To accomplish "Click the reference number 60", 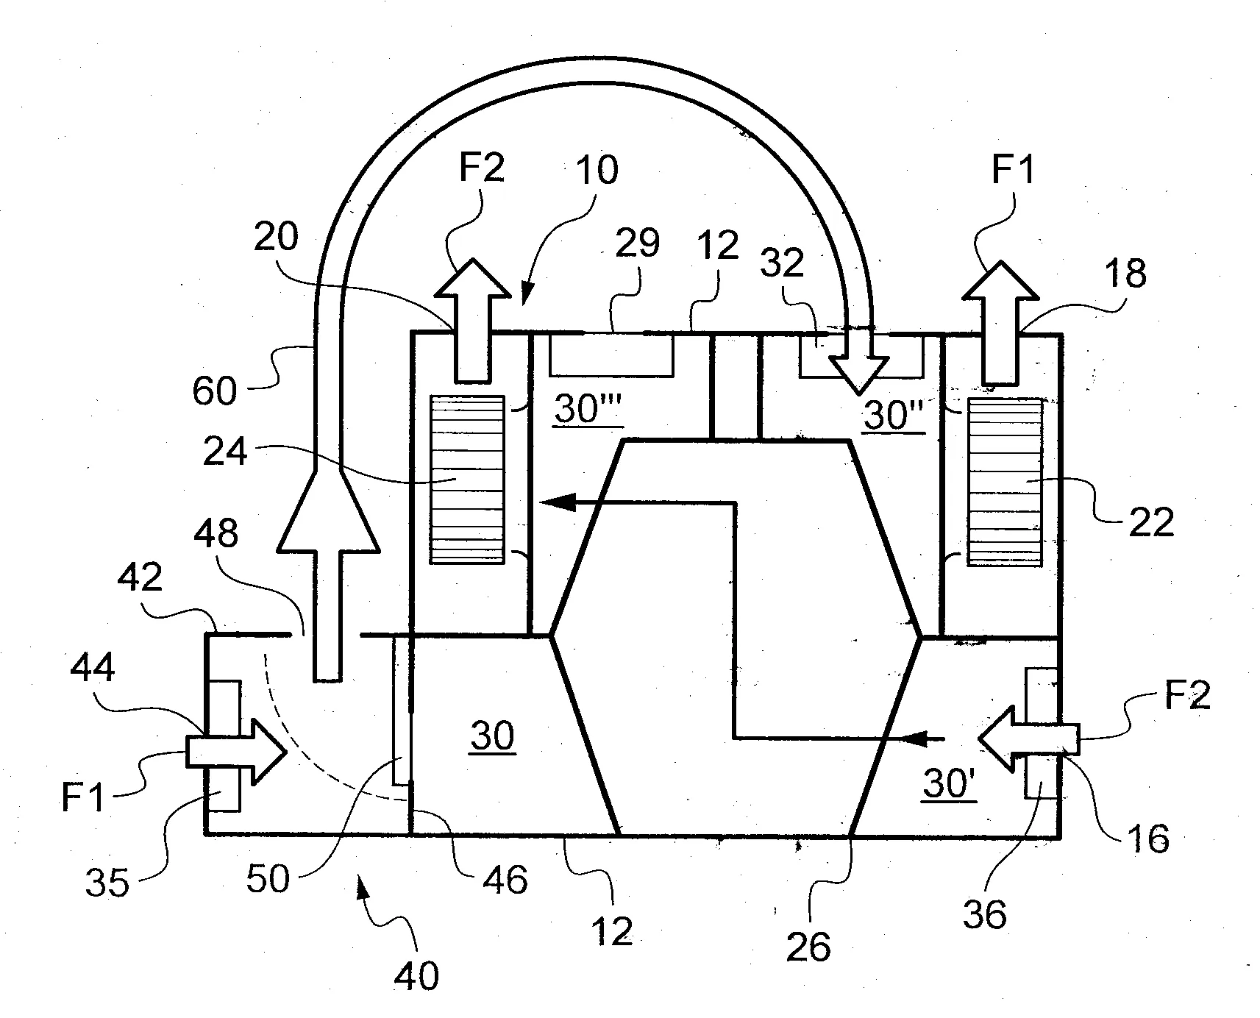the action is coord(215,389).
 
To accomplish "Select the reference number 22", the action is coord(1151,523).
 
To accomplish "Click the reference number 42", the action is coord(140,578).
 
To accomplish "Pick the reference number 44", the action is coord(93,669).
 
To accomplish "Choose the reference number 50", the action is coord(268,878).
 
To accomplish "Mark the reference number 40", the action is coord(416,975).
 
